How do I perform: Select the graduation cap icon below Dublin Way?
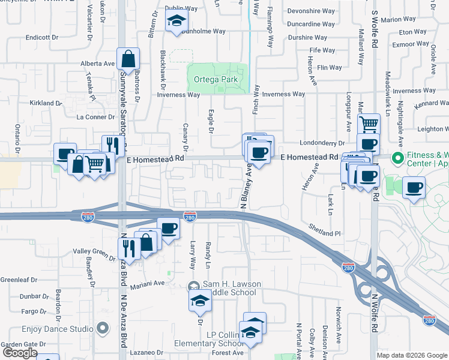[x=176, y=21]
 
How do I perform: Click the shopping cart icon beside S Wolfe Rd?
[x=369, y=125]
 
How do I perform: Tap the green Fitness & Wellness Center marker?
[x=396, y=158]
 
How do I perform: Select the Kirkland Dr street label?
[x=46, y=103]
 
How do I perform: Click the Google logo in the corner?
[x=20, y=352]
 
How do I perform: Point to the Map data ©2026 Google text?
[x=411, y=355]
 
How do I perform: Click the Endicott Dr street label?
[x=42, y=37]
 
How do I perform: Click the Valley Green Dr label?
[x=92, y=254]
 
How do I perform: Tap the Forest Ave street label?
[x=228, y=353]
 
